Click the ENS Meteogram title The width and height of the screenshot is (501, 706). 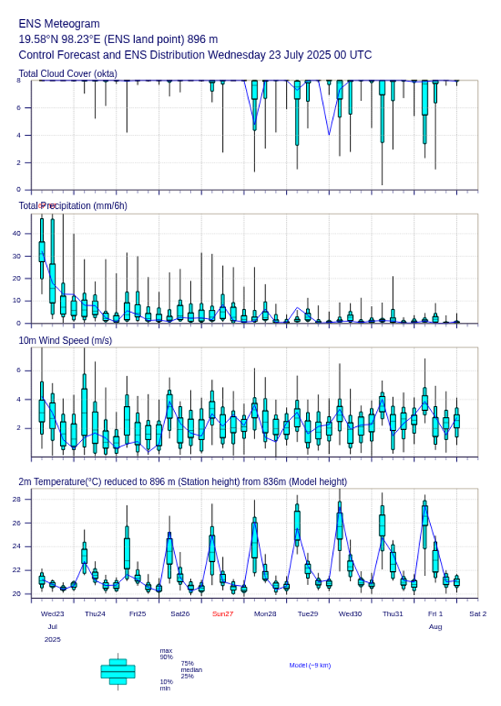click(x=59, y=24)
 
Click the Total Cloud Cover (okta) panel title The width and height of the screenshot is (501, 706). click(x=68, y=73)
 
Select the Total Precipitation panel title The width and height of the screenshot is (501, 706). click(x=73, y=205)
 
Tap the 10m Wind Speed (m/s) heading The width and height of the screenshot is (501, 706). click(x=65, y=340)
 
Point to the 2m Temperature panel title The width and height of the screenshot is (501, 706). click(x=183, y=482)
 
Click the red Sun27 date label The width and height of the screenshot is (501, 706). click(x=223, y=614)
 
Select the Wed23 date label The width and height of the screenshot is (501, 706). click(x=52, y=614)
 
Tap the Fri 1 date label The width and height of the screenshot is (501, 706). click(x=435, y=614)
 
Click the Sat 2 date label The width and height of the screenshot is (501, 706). click(x=478, y=614)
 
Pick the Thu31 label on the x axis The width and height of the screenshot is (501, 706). click(x=393, y=614)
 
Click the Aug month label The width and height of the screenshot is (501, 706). click(x=435, y=627)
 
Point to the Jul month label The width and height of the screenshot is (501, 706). click(x=52, y=627)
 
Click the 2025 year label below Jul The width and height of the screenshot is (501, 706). click(x=52, y=640)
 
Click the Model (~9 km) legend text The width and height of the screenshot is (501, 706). click(x=310, y=665)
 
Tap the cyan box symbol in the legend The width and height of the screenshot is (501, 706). click(x=118, y=671)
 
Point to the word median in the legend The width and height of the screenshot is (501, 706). click(x=191, y=670)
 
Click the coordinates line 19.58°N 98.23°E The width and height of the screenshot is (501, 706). click(x=118, y=39)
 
